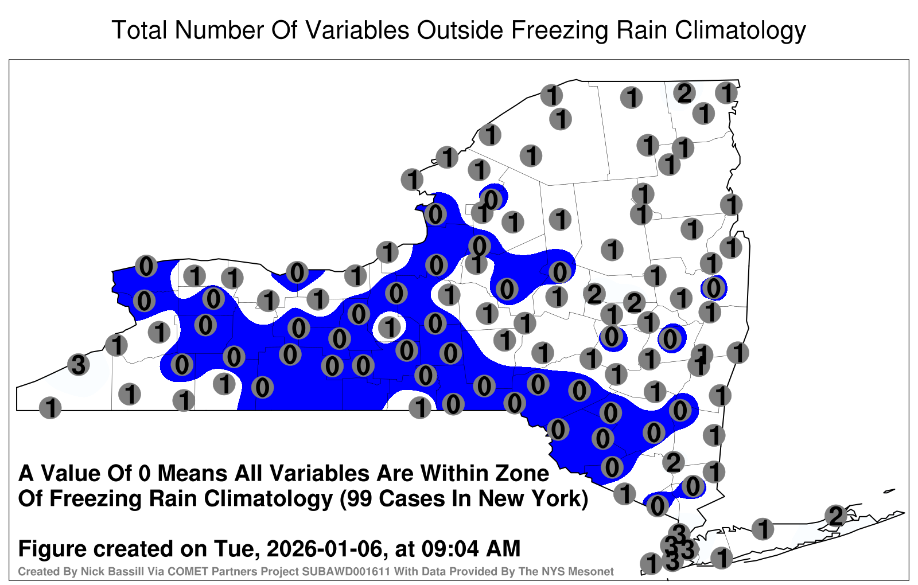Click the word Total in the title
(x=139, y=30)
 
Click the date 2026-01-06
(x=324, y=548)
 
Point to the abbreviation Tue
(x=235, y=548)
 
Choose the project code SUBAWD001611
(x=345, y=571)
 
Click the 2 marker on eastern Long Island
(x=835, y=516)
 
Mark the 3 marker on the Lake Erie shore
(x=78, y=364)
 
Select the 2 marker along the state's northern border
(x=684, y=93)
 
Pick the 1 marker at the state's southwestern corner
(x=50, y=408)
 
